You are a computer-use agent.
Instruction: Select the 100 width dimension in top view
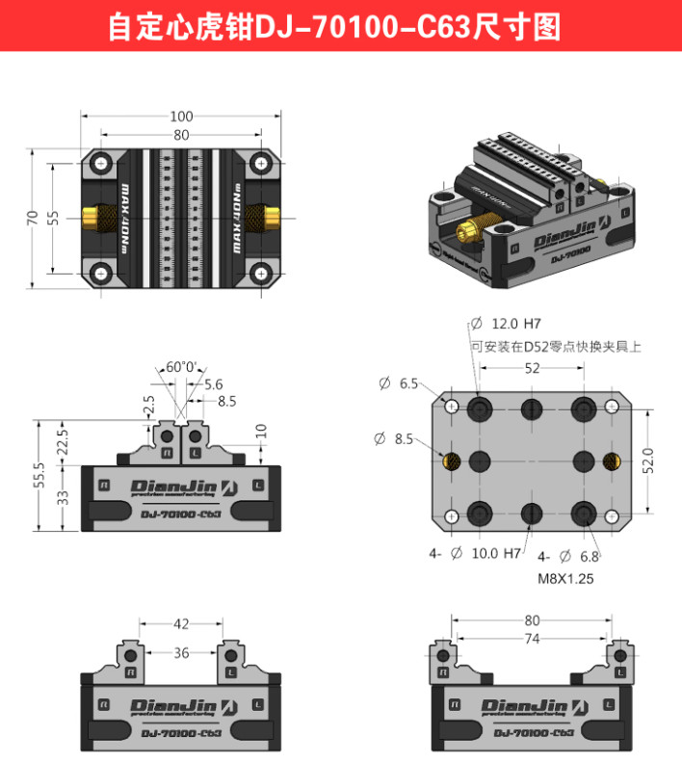[x=181, y=117]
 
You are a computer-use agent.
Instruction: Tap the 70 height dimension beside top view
[x=33, y=218]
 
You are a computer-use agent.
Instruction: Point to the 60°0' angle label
[x=180, y=367]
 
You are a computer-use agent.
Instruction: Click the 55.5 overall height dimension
[x=39, y=475]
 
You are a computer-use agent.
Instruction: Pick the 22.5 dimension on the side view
[x=64, y=442]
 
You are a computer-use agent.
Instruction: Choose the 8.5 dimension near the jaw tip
[x=226, y=400]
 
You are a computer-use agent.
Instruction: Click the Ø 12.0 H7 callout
[x=516, y=324]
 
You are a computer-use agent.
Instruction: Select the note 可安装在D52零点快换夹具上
[x=556, y=345]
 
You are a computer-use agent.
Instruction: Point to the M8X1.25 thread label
[x=564, y=579]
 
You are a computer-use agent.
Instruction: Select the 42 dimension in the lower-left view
[x=181, y=623]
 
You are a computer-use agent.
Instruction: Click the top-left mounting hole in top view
[x=101, y=164]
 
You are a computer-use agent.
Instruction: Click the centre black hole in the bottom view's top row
[x=531, y=409]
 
